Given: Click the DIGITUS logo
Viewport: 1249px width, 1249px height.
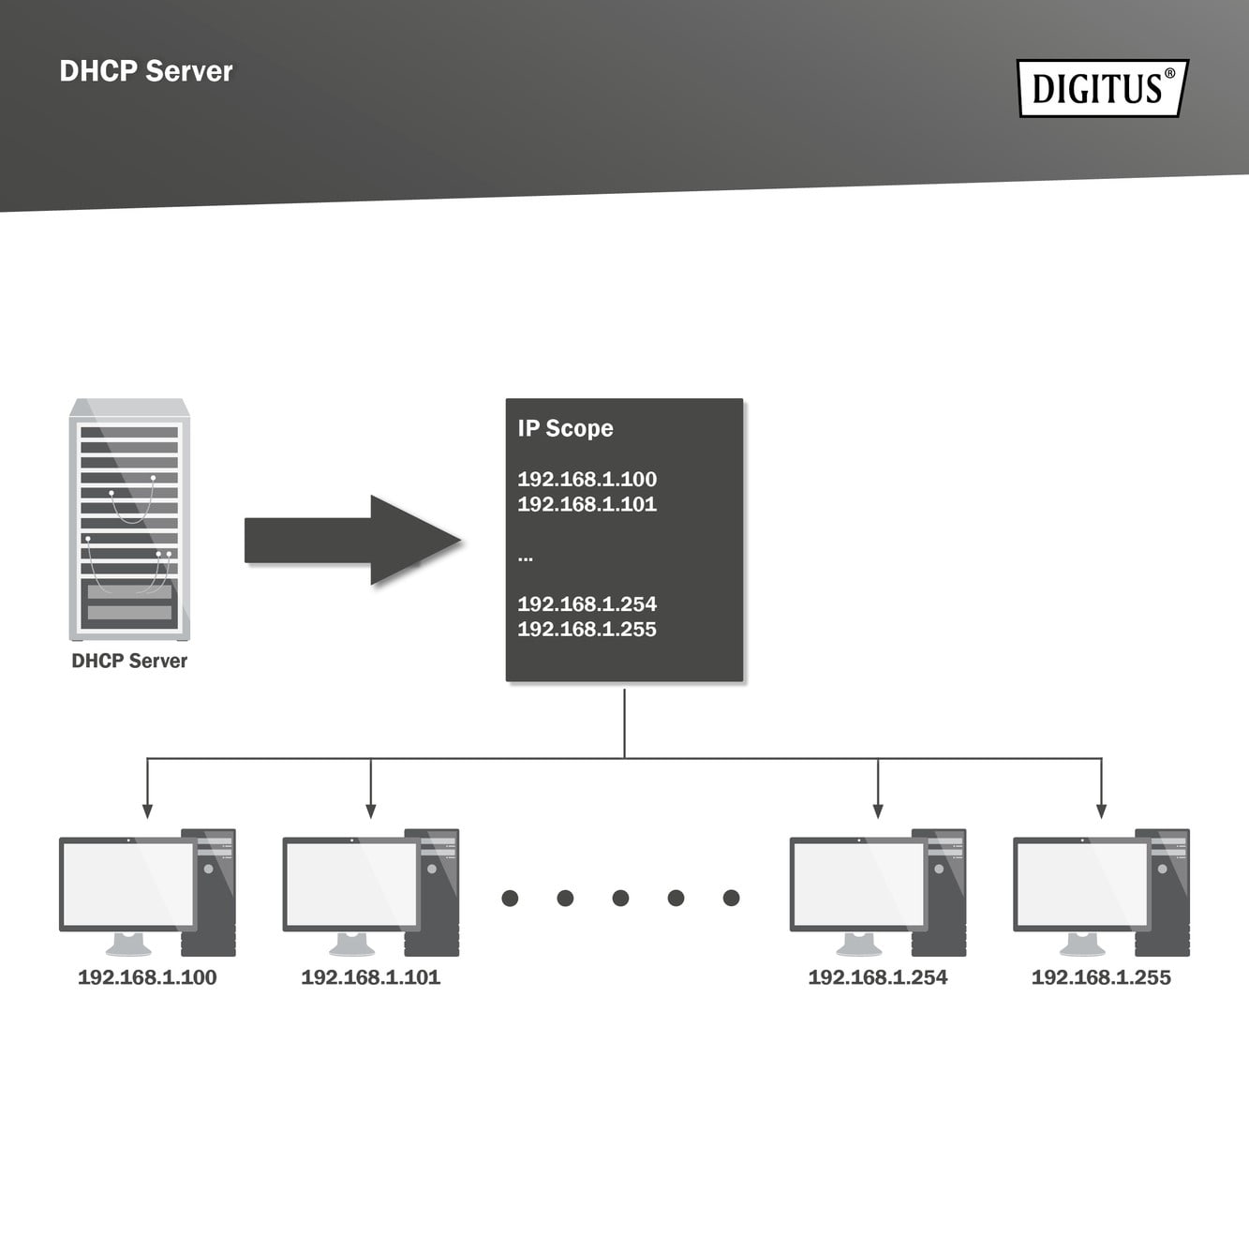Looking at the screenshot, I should click(1102, 88).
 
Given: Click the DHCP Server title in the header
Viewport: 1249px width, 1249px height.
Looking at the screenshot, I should click(146, 71).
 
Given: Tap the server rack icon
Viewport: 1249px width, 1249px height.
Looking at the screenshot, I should click(129, 520).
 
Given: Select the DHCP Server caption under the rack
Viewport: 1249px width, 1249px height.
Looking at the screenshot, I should click(129, 661).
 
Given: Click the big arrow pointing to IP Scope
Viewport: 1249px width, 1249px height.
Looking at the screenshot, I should click(352, 541).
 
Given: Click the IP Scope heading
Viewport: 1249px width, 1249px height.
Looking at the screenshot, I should click(565, 428).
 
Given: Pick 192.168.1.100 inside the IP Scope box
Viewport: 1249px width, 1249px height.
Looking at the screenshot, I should click(587, 479).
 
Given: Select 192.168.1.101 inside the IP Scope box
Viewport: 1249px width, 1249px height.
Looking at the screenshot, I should click(587, 504).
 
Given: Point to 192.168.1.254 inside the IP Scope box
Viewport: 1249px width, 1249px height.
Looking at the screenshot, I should click(587, 604).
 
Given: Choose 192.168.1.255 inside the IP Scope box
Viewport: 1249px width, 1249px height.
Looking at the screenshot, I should click(587, 630).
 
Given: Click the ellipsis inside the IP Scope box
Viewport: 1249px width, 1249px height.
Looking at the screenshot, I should click(526, 558).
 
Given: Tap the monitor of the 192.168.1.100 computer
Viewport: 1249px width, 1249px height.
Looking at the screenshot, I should click(127, 884).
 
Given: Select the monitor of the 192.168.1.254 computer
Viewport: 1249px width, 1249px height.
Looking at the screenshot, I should click(858, 884).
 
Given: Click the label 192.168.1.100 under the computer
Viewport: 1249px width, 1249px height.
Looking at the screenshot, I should click(147, 977).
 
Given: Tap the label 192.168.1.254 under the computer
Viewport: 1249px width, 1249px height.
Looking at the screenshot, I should click(878, 977).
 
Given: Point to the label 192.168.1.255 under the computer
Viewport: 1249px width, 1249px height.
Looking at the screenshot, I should click(1101, 977).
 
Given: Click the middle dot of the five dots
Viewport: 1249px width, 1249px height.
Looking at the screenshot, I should click(620, 898).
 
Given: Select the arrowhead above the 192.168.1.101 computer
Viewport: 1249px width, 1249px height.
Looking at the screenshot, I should click(371, 810).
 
